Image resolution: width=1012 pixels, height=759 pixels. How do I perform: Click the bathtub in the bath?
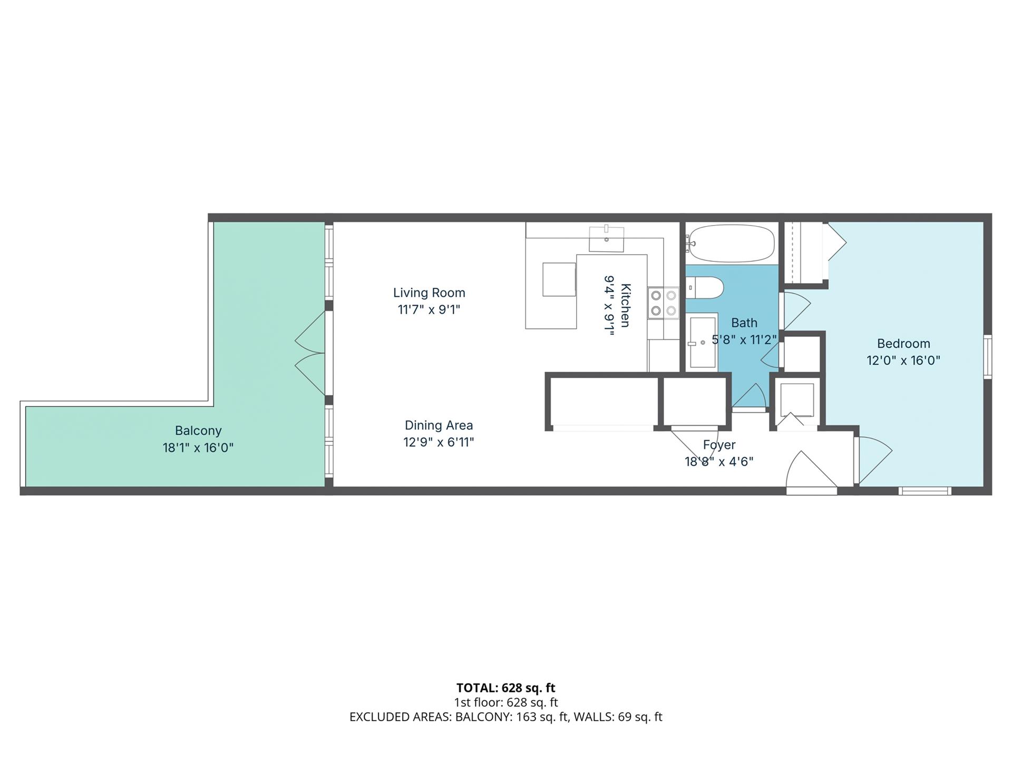pyautogui.click(x=732, y=243)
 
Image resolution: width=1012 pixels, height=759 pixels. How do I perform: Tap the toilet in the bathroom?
pyautogui.click(x=706, y=288)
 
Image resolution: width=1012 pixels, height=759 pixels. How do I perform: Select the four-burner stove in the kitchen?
pyautogui.click(x=664, y=303)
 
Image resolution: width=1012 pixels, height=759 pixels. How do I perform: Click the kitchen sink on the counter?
pyautogui.click(x=607, y=240)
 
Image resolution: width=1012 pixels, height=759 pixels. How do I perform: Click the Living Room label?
pyautogui.click(x=429, y=293)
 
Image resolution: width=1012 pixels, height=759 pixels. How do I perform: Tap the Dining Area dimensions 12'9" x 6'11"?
pyautogui.click(x=439, y=442)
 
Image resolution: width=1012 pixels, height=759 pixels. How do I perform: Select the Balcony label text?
pyautogui.click(x=198, y=431)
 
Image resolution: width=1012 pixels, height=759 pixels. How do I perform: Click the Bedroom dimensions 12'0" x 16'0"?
pyautogui.click(x=903, y=361)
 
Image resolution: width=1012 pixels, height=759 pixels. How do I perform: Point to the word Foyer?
pyautogui.click(x=719, y=445)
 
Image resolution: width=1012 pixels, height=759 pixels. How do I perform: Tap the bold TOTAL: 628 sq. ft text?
pyautogui.click(x=505, y=688)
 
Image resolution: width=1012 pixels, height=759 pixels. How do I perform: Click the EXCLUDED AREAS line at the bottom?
pyautogui.click(x=505, y=717)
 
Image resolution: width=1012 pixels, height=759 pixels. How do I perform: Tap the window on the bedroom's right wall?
pyautogui.click(x=988, y=356)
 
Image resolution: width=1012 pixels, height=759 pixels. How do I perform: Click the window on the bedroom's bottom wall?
pyautogui.click(x=925, y=491)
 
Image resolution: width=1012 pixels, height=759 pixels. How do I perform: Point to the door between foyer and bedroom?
pyautogui.click(x=872, y=459)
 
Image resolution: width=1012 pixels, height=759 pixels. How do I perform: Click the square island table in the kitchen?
pyautogui.click(x=559, y=279)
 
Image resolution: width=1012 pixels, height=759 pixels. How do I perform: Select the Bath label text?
pyautogui.click(x=744, y=323)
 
